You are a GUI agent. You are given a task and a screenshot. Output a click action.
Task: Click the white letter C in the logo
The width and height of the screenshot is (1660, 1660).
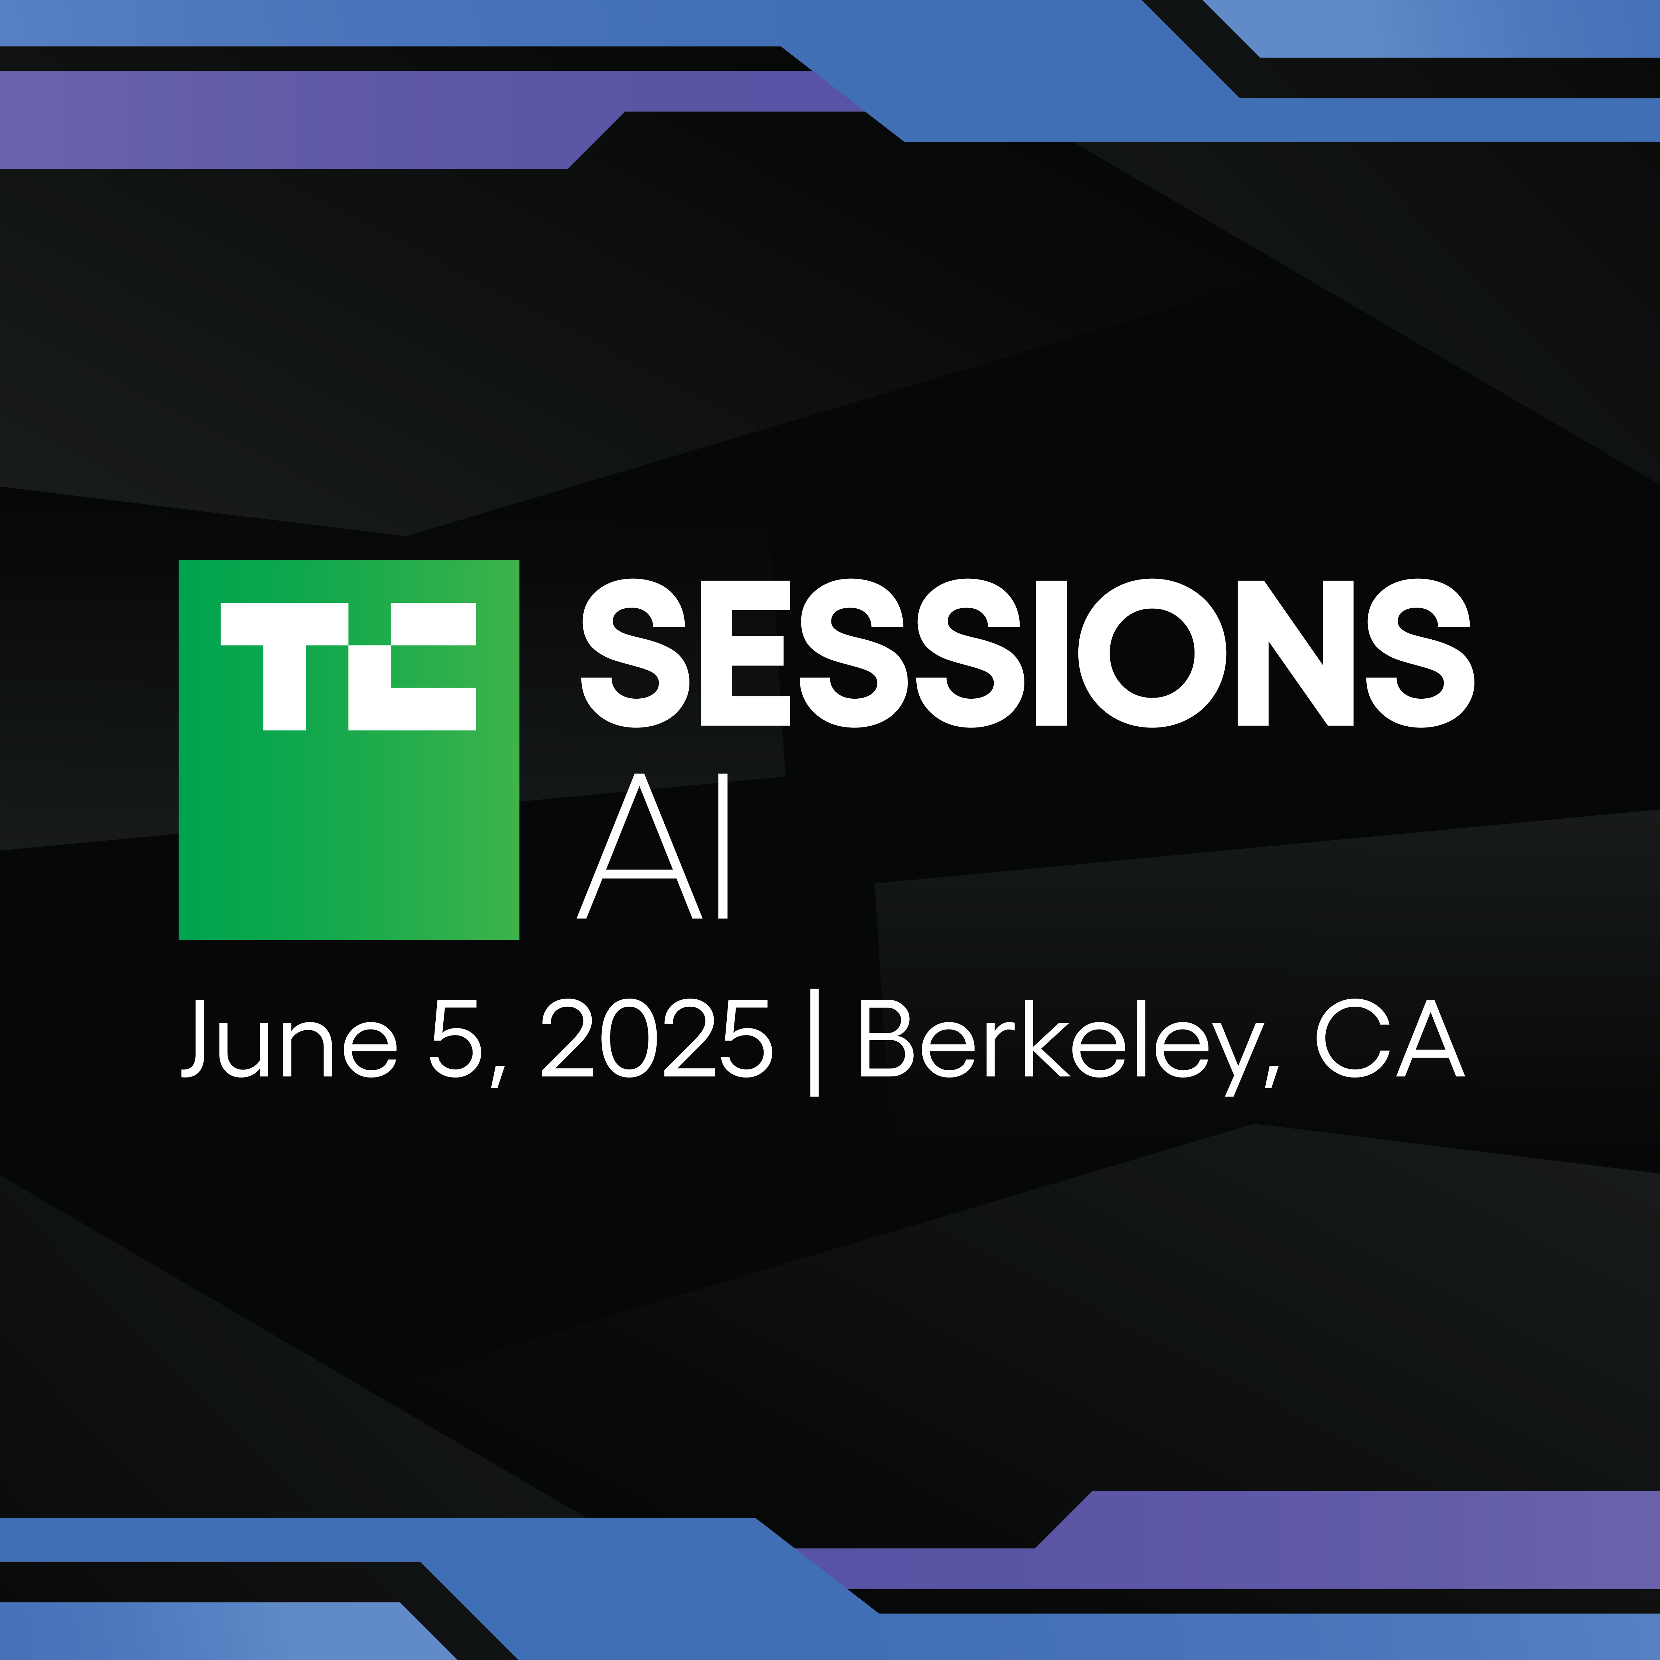pyautogui.click(x=412, y=666)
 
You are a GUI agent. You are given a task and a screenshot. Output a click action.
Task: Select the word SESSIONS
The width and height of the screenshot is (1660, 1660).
pyautogui.click(x=1028, y=653)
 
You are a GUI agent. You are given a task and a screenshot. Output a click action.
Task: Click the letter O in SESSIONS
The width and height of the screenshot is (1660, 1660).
pyautogui.click(x=1152, y=653)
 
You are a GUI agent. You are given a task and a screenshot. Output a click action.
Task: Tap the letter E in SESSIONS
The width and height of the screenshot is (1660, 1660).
pyautogui.click(x=745, y=653)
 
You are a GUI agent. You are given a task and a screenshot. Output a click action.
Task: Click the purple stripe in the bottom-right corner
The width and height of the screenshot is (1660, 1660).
pyautogui.click(x=1375, y=1538)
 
